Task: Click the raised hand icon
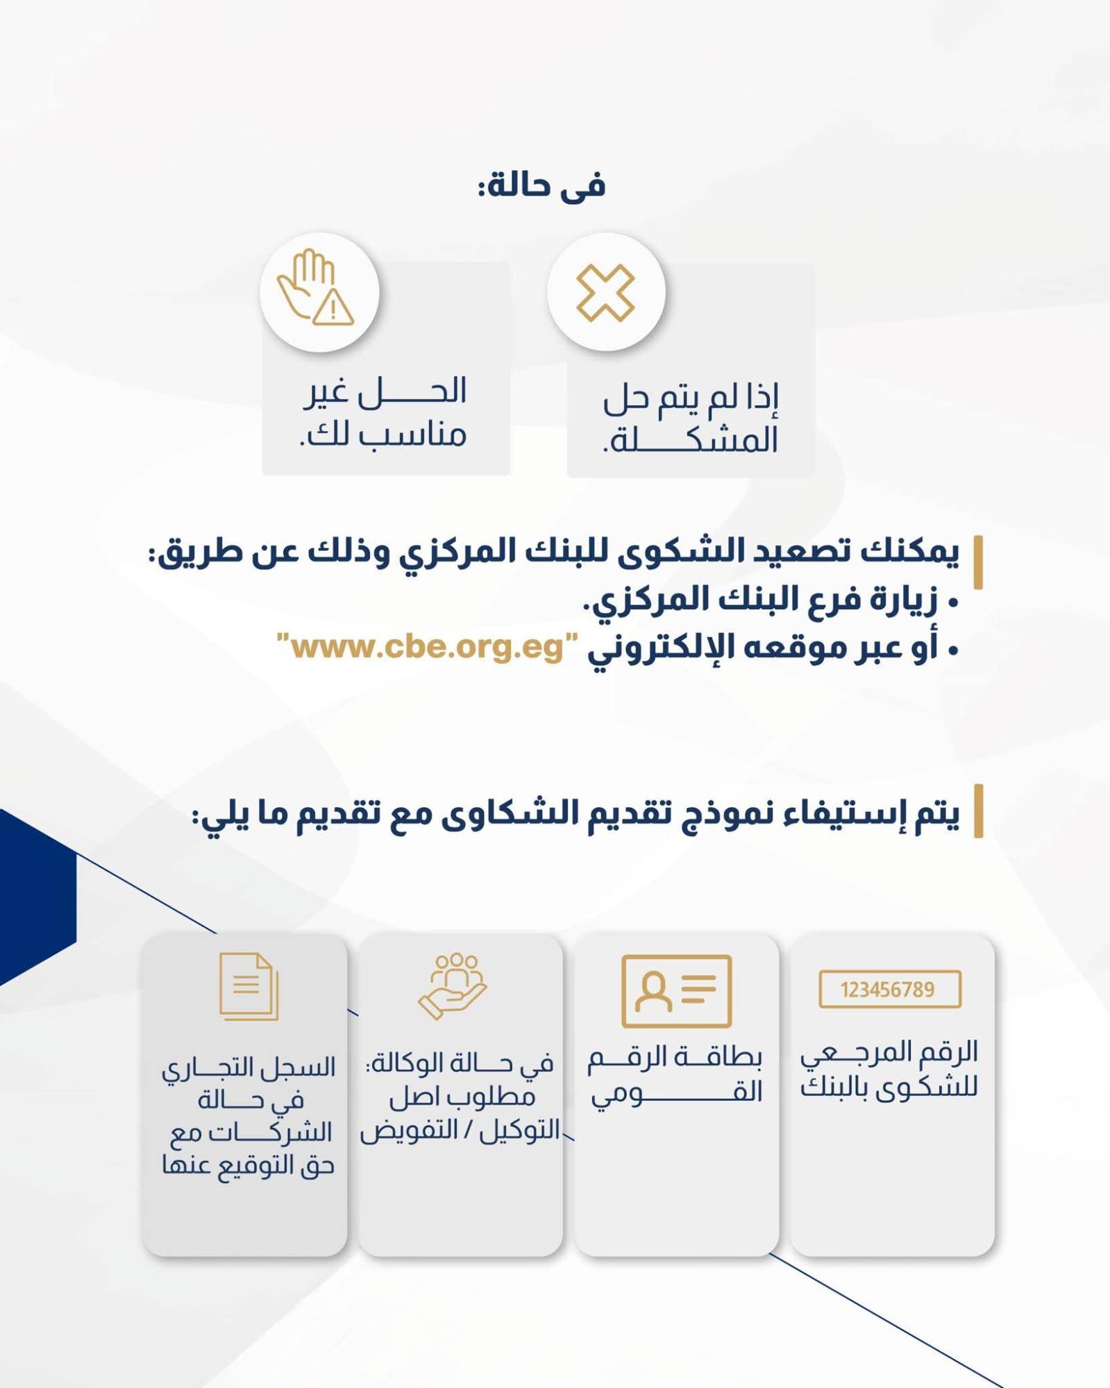point(306,283)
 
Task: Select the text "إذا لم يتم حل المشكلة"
point(691,418)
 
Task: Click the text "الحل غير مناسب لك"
point(384,412)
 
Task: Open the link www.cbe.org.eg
point(427,647)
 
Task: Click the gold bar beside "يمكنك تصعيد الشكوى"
point(978,562)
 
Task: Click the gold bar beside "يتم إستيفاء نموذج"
point(978,811)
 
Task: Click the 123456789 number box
point(890,989)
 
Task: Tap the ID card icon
point(676,990)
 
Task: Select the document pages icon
point(249,986)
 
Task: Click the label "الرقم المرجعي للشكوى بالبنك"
point(889,1069)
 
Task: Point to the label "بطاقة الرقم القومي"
point(675,1075)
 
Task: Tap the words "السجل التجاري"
point(249,1067)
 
